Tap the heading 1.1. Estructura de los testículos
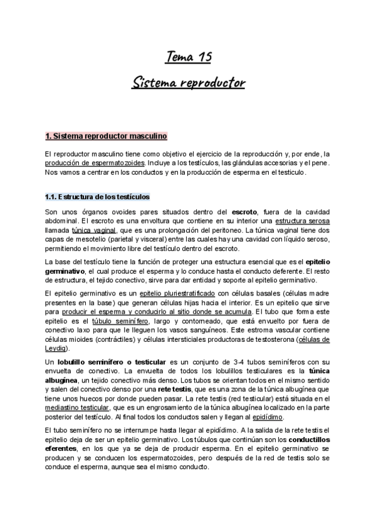[97, 197]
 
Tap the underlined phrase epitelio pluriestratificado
[177, 293]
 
